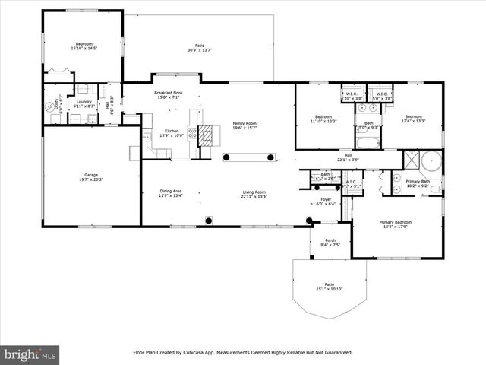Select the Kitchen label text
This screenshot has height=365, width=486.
[172, 131]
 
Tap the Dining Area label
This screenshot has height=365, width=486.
[170, 192]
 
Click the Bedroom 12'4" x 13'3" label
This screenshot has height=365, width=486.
[414, 118]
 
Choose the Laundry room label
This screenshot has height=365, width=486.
[84, 103]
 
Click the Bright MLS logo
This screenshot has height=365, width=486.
[30, 354]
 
